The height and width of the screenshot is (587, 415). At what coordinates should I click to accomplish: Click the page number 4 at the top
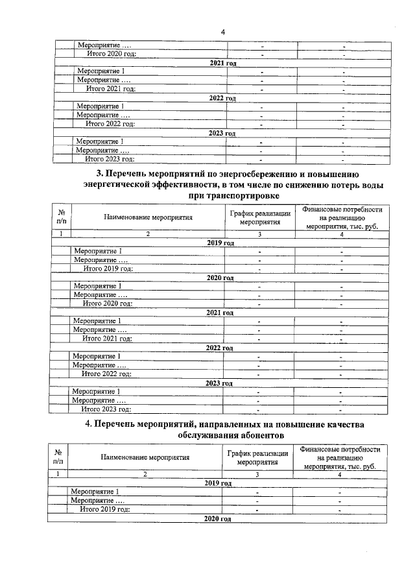pyautogui.click(x=222, y=32)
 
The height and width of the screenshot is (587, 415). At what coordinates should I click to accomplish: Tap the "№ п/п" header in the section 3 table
pyautogui.click(x=61, y=217)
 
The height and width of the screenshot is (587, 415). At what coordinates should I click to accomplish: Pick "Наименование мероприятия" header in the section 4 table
pyautogui.click(x=145, y=457)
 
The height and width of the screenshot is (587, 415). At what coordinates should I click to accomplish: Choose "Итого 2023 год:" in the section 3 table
pyautogui.click(x=106, y=409)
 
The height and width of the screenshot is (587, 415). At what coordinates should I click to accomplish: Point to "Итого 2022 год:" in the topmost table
pyautogui.click(x=110, y=124)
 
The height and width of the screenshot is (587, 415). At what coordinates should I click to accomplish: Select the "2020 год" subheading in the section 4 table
pyautogui.click(x=218, y=520)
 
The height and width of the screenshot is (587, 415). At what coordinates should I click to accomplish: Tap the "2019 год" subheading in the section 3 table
pyautogui.click(x=220, y=243)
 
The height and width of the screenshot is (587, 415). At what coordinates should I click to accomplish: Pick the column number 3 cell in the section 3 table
pyautogui.click(x=259, y=234)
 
